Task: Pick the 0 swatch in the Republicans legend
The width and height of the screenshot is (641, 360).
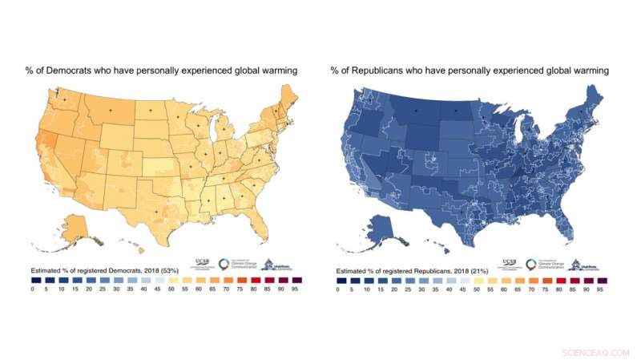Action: point(338,281)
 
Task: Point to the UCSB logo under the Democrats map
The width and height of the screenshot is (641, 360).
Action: point(204,262)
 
